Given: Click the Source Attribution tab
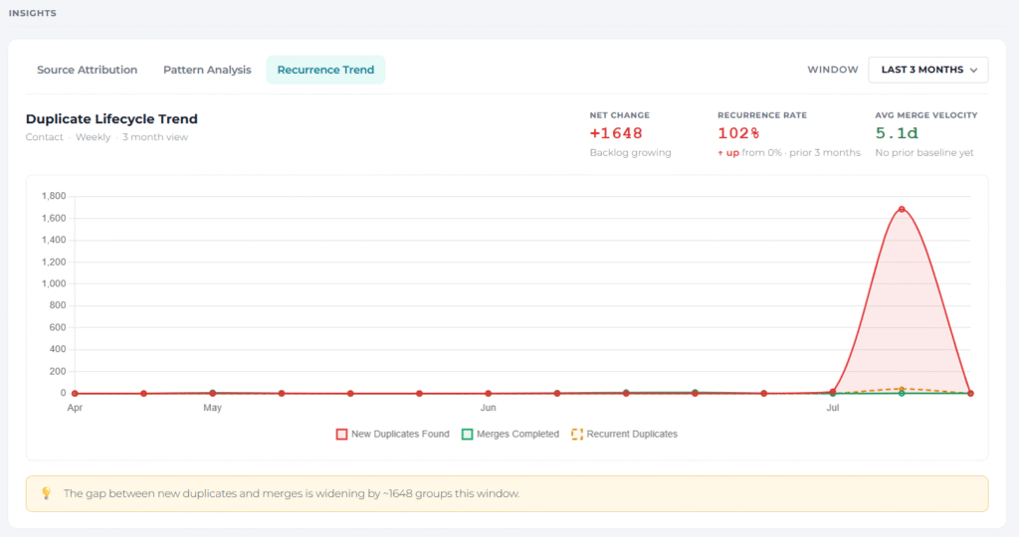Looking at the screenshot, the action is [x=88, y=70].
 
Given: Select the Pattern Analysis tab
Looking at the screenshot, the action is [x=207, y=70].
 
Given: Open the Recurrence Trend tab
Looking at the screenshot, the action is [x=325, y=70].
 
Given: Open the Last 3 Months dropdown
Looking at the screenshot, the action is [x=928, y=70].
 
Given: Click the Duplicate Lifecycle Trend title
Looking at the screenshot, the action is [x=111, y=118].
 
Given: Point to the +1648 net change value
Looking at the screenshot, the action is [x=616, y=133].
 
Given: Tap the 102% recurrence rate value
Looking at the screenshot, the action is [x=738, y=133].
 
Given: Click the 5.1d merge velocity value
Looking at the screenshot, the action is [x=897, y=133].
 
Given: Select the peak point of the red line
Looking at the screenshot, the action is [x=902, y=209].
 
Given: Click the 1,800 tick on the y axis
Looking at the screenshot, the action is [x=54, y=196].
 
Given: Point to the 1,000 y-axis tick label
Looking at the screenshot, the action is [x=54, y=283].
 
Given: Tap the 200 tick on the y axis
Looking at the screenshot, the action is [x=57, y=371].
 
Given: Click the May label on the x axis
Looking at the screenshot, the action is [x=213, y=408].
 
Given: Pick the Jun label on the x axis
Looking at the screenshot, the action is [x=488, y=408].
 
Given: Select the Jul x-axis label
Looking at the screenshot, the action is [x=833, y=408].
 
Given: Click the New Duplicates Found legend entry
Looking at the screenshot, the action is [x=392, y=434].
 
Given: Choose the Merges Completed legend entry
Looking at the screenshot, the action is [x=510, y=434].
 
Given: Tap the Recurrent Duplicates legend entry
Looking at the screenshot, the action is [x=625, y=434].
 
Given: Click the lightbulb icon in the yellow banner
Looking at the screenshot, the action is [x=46, y=493].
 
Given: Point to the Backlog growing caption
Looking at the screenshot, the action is [x=630, y=152].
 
